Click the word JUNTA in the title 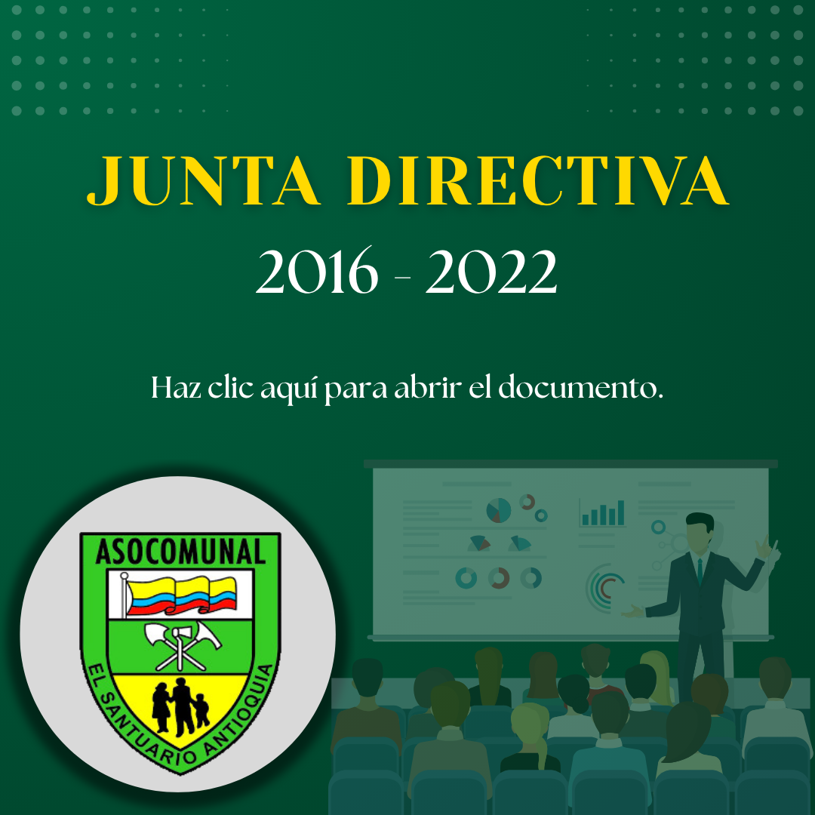(203, 180)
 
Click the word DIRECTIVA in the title (539, 180)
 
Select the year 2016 (317, 271)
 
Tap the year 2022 (491, 271)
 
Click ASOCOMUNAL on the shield (180, 552)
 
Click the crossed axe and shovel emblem (182, 644)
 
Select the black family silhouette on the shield (180, 707)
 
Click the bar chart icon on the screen (603, 513)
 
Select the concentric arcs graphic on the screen (602, 588)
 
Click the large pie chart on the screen (498, 510)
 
